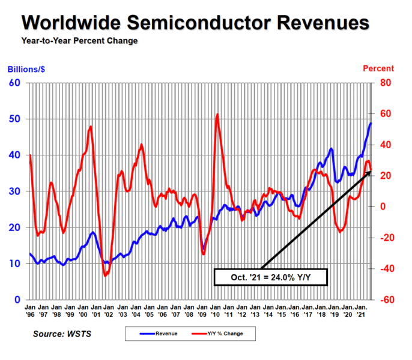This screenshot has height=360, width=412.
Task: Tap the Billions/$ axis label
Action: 26,69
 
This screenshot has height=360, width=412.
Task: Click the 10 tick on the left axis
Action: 15,263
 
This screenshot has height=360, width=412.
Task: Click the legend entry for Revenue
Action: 157,334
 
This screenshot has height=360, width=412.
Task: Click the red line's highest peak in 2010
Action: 217,114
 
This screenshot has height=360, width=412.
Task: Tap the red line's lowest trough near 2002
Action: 105,275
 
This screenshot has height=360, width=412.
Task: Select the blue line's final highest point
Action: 371,123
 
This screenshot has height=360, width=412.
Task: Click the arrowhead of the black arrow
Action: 369,172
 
